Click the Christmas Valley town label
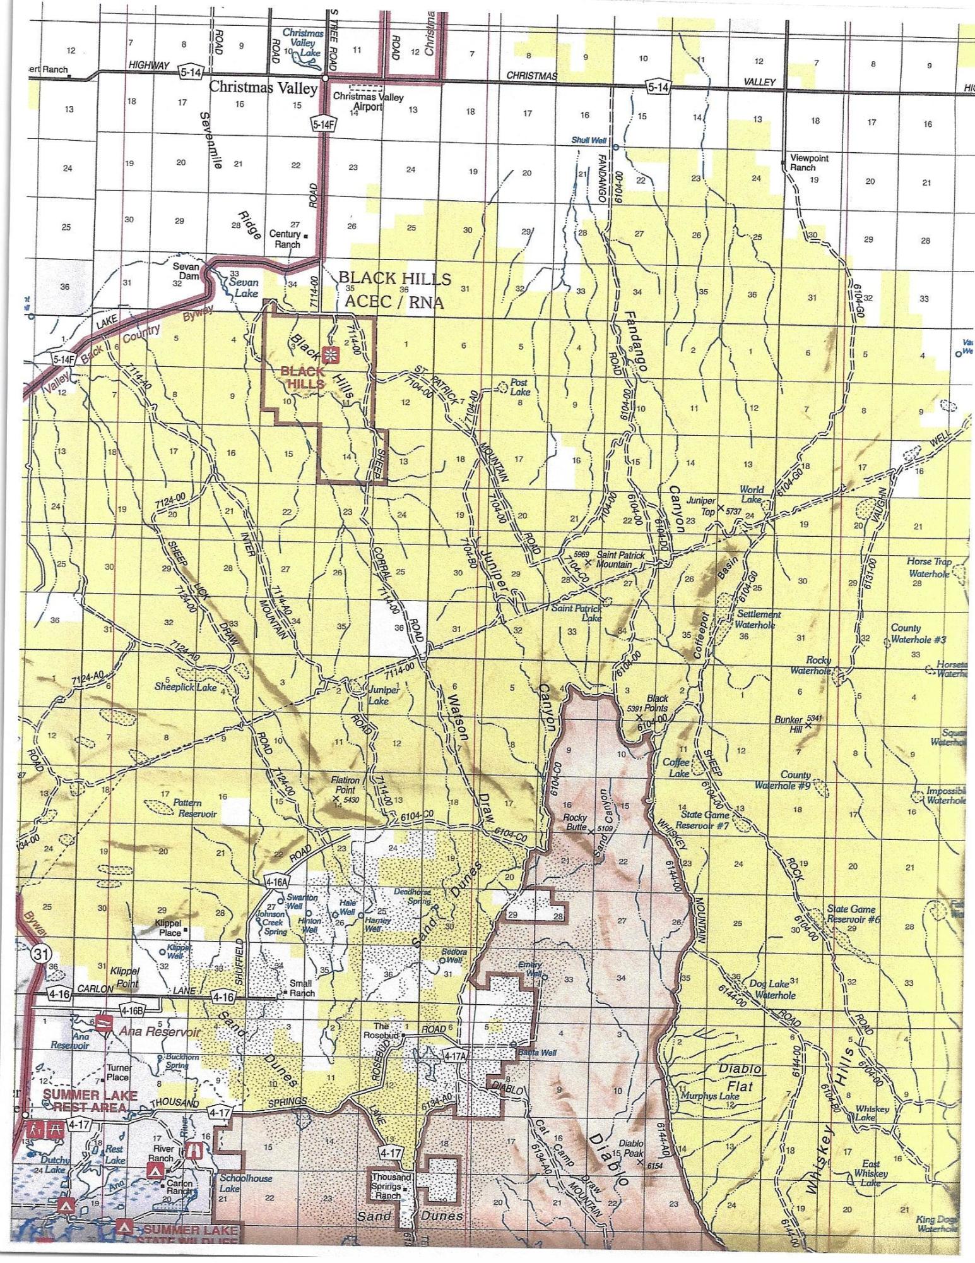tap(263, 88)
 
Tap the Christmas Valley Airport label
tap(368, 102)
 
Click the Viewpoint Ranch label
tap(810, 162)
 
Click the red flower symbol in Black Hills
tap(329, 355)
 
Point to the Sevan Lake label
tap(243, 288)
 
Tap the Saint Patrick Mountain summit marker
tap(588, 561)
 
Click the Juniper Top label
tap(700, 505)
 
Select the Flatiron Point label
tap(345, 784)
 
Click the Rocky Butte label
tap(575, 822)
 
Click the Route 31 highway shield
tap(40, 954)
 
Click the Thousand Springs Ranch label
tap(391, 1186)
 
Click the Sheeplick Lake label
tap(186, 686)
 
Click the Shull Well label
tap(588, 140)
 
